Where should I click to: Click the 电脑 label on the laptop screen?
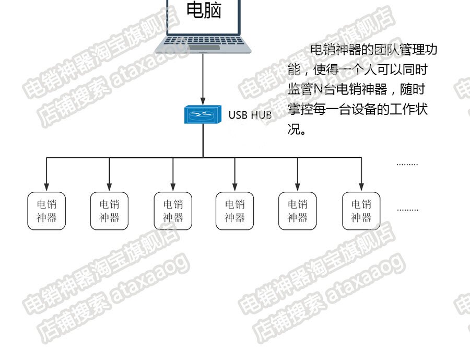(x=204, y=10)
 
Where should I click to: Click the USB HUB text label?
(x=250, y=115)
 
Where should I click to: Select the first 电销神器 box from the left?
(x=46, y=211)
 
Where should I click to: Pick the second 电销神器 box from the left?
(x=109, y=211)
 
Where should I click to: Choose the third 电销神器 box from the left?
(x=173, y=211)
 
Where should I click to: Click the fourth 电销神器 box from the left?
(x=234, y=211)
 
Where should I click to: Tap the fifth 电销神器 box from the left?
(x=298, y=211)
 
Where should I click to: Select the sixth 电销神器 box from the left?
(x=361, y=211)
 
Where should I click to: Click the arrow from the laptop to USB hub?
(x=203, y=78)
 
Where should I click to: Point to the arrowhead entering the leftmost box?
(x=46, y=187)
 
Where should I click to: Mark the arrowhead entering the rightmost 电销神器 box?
(x=361, y=187)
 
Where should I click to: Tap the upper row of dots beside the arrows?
(x=407, y=164)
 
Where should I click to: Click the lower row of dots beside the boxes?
(x=407, y=210)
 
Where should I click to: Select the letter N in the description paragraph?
(x=324, y=89)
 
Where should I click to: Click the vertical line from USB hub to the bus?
(x=203, y=141)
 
